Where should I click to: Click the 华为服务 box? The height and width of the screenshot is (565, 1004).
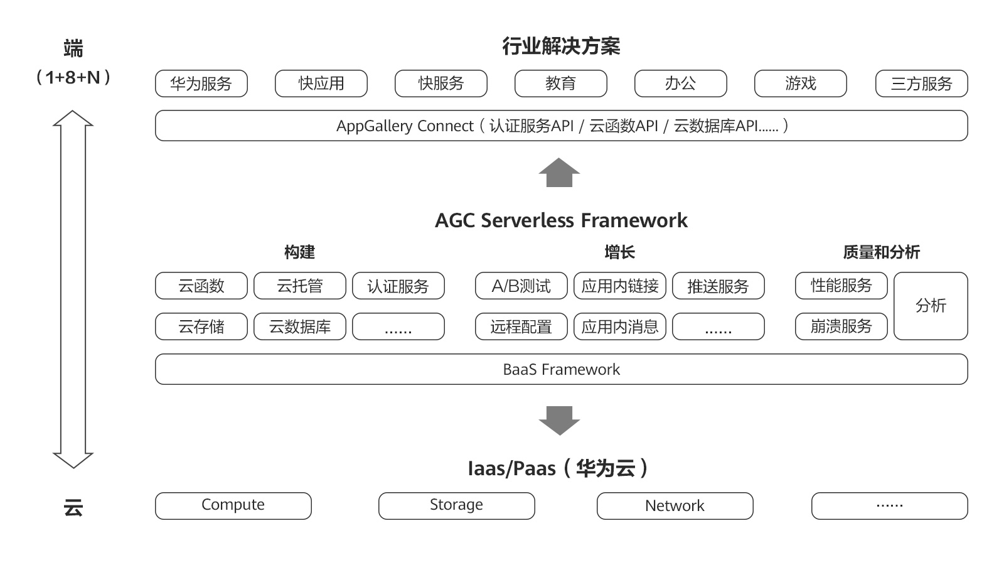(201, 83)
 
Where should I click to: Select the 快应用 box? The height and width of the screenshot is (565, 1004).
(321, 83)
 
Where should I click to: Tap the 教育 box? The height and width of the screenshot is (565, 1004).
(561, 83)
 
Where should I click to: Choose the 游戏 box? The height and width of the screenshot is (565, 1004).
(801, 83)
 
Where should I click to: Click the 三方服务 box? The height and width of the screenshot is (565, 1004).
(922, 83)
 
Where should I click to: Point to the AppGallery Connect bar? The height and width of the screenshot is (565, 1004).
(562, 126)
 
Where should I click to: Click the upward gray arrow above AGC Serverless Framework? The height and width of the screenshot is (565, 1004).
(559, 173)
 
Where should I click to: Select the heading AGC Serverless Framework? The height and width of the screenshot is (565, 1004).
(562, 220)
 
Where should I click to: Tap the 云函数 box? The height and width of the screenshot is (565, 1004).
(201, 286)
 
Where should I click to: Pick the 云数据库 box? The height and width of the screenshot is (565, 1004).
(300, 326)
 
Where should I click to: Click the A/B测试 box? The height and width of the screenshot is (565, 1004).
(521, 286)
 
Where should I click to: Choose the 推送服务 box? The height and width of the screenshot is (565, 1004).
(718, 286)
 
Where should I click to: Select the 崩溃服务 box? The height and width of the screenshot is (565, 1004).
(841, 326)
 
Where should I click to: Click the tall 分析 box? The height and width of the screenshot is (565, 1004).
(931, 306)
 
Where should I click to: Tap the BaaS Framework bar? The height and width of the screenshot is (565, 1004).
(562, 369)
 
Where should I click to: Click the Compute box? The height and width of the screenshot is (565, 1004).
(233, 505)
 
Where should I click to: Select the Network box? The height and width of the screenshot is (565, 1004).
(675, 505)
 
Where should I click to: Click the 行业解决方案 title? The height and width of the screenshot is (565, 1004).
(562, 46)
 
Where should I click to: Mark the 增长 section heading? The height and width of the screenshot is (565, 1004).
(620, 252)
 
